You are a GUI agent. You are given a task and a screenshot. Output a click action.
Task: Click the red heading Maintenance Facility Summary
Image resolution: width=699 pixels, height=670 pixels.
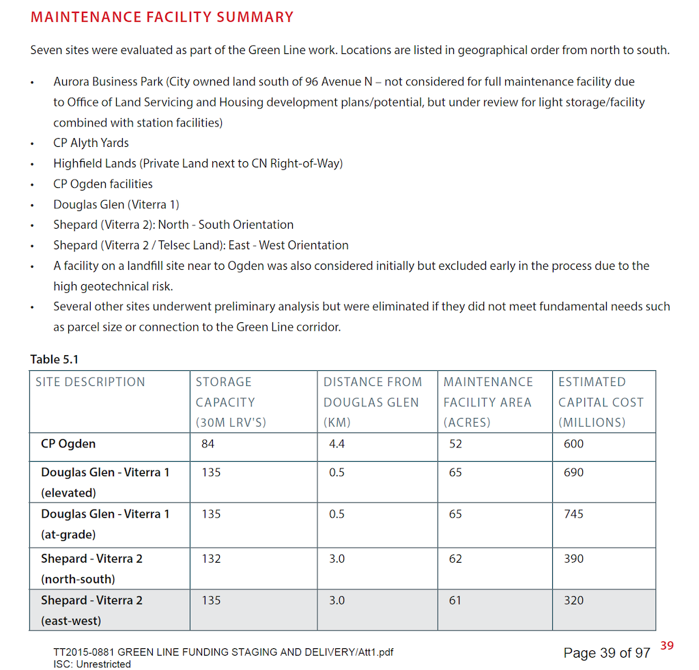[x=162, y=17]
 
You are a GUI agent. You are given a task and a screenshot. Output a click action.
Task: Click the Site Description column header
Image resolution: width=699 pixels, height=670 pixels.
[x=90, y=382]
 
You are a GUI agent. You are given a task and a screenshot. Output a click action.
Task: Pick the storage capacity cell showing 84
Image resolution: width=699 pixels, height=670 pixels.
[x=208, y=444]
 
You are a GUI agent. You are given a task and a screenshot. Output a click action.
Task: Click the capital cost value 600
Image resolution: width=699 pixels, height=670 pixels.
[x=573, y=444]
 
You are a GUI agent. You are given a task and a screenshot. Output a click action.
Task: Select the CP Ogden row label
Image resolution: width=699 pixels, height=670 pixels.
[x=68, y=444]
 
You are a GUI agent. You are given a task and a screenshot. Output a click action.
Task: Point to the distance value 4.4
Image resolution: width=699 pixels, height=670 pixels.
[x=337, y=444]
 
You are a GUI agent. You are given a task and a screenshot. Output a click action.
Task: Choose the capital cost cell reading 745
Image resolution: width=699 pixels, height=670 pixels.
[x=573, y=514]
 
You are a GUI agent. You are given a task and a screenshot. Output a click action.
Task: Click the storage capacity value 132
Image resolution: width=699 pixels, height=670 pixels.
[x=211, y=559]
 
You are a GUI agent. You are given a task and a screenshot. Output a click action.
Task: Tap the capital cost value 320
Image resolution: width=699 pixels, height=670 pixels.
[x=573, y=600]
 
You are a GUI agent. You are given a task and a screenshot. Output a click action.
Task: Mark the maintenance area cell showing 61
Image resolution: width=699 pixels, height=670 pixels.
[x=455, y=600]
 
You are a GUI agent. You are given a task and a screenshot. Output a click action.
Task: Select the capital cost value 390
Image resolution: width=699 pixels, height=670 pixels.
[x=573, y=559]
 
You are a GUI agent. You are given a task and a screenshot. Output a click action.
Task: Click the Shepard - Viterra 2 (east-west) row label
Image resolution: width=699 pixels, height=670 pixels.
[x=91, y=611]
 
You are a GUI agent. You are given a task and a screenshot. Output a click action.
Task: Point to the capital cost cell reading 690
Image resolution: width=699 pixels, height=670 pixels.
[x=573, y=473]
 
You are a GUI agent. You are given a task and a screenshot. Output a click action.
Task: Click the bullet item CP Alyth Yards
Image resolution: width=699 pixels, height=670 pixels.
[x=91, y=143]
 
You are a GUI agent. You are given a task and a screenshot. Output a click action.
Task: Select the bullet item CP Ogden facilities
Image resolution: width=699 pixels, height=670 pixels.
[x=103, y=184]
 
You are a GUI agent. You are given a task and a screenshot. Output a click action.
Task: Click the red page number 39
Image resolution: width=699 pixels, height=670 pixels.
[x=667, y=645]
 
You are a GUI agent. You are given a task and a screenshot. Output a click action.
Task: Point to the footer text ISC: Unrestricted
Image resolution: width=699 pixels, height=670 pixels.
[x=92, y=664]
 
